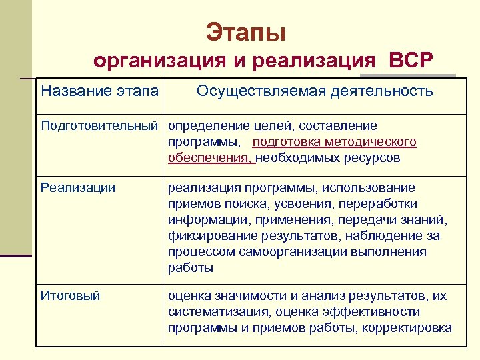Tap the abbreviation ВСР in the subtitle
pos(407,61)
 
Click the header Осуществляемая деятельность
pos(315,91)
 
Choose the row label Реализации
pos(78,188)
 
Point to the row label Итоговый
pos(71,295)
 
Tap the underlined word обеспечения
pos(211,158)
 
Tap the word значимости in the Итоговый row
pos(254,295)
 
